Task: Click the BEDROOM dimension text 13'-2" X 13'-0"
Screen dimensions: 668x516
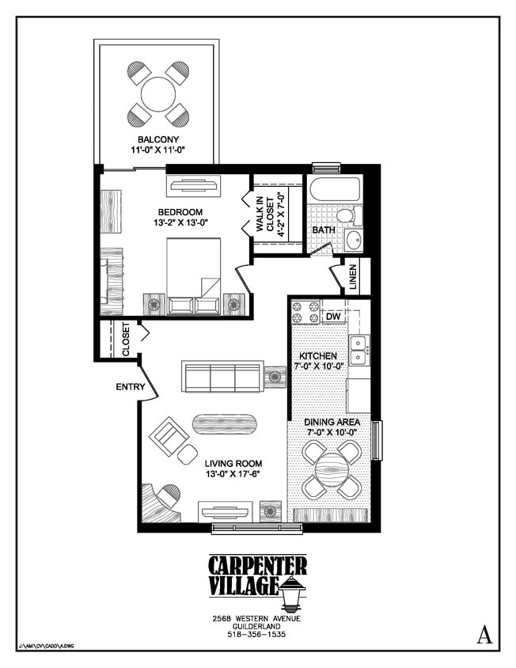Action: point(180,223)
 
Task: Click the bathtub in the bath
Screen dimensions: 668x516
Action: point(333,191)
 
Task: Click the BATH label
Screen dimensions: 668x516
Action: point(323,230)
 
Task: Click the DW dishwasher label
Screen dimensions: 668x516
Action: point(333,317)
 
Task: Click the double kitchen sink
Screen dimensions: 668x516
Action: point(359,349)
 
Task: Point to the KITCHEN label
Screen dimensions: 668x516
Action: point(319,356)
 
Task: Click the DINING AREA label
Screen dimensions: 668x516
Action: point(332,422)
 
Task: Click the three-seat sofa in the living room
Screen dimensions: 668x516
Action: point(222,377)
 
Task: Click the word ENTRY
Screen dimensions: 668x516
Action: point(130,387)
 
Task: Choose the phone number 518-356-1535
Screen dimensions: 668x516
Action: point(257,634)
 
